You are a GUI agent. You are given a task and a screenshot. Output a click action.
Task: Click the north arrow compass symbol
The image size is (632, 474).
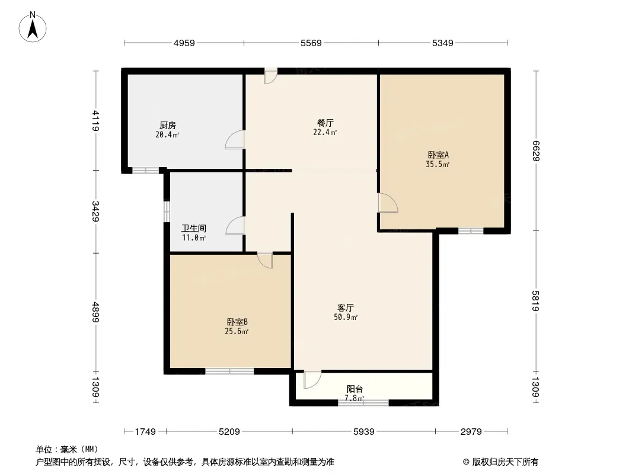[33, 27]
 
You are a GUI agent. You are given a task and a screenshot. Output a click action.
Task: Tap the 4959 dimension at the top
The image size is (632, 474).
[184, 43]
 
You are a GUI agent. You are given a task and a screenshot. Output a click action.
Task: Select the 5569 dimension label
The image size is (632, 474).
[311, 43]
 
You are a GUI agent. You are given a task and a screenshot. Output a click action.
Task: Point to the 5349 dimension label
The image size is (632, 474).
[442, 43]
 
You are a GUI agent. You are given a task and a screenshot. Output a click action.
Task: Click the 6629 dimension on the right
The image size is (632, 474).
[536, 151]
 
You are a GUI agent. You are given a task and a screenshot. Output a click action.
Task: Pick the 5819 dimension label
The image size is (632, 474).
[536, 301]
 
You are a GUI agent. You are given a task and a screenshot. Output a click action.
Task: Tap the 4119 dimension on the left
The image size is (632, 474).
[95, 120]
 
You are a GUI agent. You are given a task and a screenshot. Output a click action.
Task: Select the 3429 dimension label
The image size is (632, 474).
[95, 212]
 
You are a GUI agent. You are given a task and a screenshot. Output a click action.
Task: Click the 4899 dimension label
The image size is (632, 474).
[95, 312]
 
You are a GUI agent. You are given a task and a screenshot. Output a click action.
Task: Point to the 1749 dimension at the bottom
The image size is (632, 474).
[145, 432]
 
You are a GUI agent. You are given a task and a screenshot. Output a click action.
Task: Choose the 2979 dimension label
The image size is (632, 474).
[471, 432]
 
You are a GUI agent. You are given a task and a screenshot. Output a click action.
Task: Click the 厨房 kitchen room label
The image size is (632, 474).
[168, 125]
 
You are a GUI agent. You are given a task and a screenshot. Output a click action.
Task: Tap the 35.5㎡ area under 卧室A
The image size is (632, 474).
[438, 164]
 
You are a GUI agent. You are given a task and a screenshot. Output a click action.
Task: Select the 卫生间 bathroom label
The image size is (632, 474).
[194, 228]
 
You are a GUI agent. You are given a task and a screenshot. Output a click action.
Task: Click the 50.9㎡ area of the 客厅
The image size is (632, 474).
[346, 318]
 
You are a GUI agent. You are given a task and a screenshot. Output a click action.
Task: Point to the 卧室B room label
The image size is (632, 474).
[237, 322]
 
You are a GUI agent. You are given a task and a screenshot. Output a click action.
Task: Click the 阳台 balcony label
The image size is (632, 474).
[355, 389]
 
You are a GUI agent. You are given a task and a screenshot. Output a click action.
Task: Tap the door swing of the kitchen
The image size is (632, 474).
[235, 139]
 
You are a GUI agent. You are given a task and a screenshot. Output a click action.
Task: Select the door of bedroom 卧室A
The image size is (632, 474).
[388, 203]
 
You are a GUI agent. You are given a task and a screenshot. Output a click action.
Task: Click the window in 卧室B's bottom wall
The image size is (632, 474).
[230, 371]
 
